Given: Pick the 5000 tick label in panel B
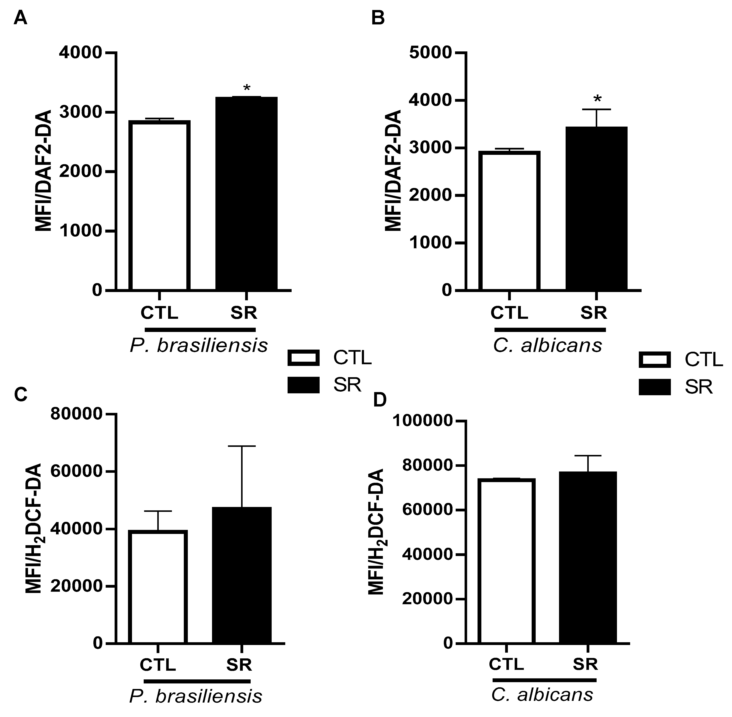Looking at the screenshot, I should [430, 53].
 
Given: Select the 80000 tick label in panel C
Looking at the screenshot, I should [76, 414].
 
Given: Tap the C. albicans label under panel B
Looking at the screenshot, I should [548, 345].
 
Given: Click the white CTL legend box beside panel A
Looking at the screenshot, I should [303, 358].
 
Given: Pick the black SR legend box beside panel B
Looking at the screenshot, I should [655, 387].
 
